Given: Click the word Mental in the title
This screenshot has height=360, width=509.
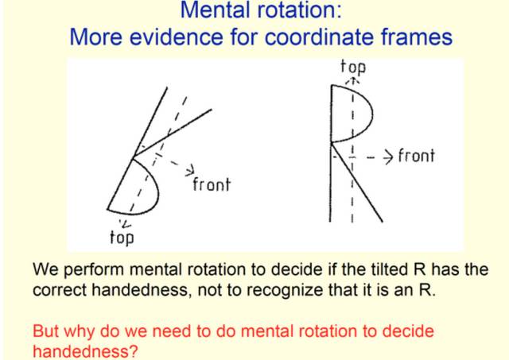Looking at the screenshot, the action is (208, 12).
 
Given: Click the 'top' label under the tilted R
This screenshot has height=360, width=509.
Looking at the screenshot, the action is (121, 237).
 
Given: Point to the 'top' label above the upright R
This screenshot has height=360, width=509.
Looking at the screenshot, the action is (353, 66).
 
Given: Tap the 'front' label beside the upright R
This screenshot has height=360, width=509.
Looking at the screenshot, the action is (416, 155).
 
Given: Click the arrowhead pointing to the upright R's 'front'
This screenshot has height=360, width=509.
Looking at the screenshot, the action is (388, 155).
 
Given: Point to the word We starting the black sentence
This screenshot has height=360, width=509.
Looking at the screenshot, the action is (45, 269).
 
